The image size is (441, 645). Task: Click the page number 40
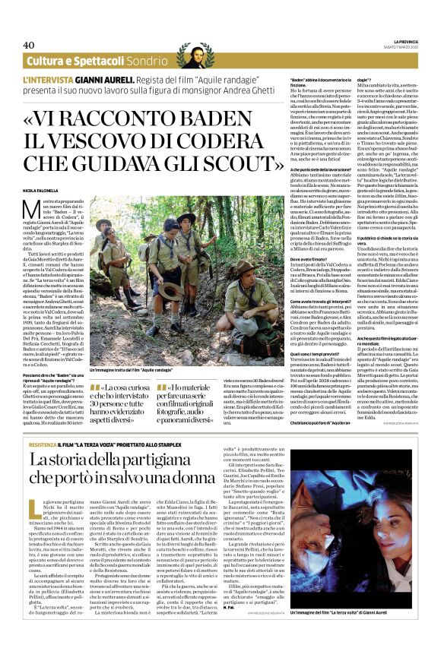(x=30, y=45)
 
